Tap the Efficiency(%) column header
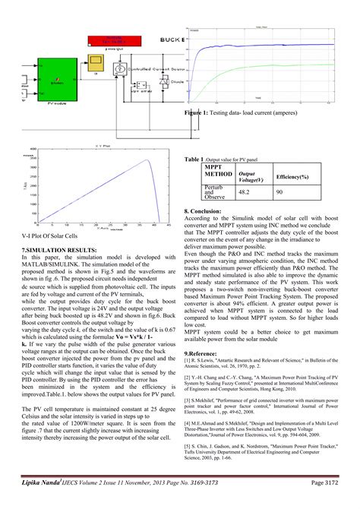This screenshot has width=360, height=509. pyautogui.click(x=292, y=176)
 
